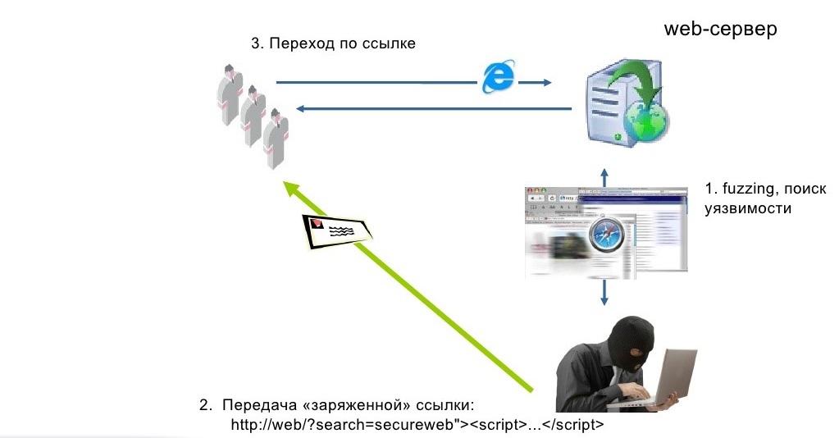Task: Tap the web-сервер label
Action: pyautogui.click(x=720, y=30)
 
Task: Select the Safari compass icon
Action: pyautogui.click(x=608, y=239)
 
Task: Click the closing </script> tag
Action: pyautogui.click(x=577, y=425)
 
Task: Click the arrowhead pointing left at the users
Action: pyautogui.click(x=302, y=108)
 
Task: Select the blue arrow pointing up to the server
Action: pyautogui.click(x=604, y=177)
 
